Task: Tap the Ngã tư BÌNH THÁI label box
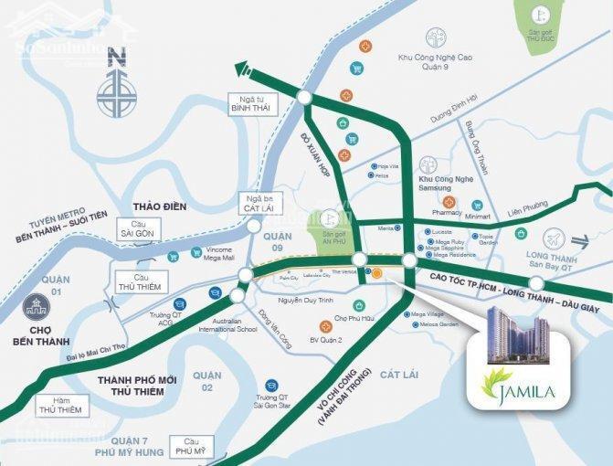pos(254,103)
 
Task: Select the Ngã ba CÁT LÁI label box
pos(262,203)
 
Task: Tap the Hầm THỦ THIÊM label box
pos(62,405)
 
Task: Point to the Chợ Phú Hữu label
pos(355,318)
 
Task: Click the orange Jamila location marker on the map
pos(377,272)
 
